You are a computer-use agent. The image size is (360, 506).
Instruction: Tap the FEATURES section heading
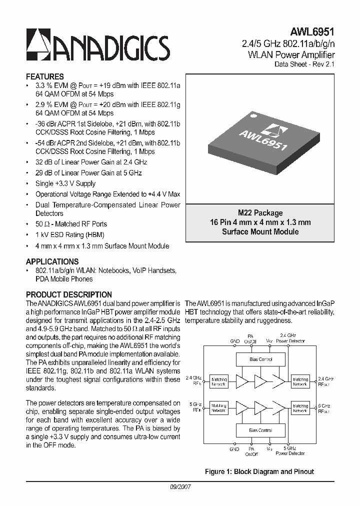pyautogui.click(x=44, y=77)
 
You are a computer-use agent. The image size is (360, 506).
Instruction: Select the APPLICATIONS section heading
pyautogui.click(x=52, y=261)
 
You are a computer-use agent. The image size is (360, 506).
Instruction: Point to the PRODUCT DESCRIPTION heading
pyautogui.click(x=68, y=295)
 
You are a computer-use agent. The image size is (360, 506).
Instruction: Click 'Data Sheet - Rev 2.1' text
pyautogui.click(x=304, y=64)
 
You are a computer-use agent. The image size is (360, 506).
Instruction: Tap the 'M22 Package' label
pyautogui.click(x=260, y=213)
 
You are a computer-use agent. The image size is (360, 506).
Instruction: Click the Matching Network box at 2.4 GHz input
pyautogui.click(x=218, y=381)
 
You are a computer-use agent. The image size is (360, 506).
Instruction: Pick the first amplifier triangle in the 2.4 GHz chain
pyautogui.click(x=242, y=382)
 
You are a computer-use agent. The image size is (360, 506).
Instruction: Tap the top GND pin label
pyautogui.click(x=235, y=341)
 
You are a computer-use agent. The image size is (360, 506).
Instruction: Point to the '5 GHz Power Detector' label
pyautogui.click(x=290, y=451)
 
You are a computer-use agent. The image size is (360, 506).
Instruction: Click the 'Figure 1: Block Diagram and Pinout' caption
pyautogui.click(x=259, y=471)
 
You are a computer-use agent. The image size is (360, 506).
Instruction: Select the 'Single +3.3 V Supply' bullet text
pyautogui.click(x=65, y=183)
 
